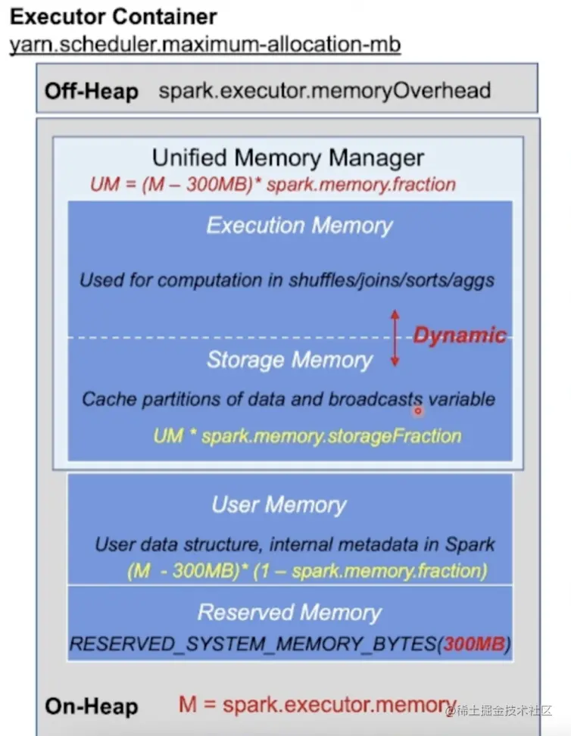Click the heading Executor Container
pyautogui.click(x=113, y=17)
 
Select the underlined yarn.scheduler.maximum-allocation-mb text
pyautogui.click(x=204, y=45)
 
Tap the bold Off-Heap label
pyautogui.click(x=92, y=92)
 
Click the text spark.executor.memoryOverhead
pyautogui.click(x=325, y=91)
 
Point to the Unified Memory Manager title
pyautogui.click(x=288, y=158)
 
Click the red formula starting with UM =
pyautogui.click(x=273, y=184)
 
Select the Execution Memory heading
pyautogui.click(x=300, y=225)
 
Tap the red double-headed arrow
pyautogui.click(x=394, y=338)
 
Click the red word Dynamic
pyautogui.click(x=459, y=335)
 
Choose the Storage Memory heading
pyautogui.click(x=289, y=360)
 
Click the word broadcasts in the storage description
pyautogui.click(x=375, y=399)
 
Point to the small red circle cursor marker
pyautogui.click(x=417, y=411)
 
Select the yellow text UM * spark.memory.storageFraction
pyautogui.click(x=307, y=435)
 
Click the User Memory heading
pyautogui.click(x=279, y=504)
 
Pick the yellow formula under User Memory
pyautogui.click(x=307, y=570)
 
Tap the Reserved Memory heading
pyautogui.click(x=289, y=612)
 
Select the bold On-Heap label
pyautogui.click(x=92, y=706)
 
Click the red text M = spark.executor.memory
pyautogui.click(x=318, y=705)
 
